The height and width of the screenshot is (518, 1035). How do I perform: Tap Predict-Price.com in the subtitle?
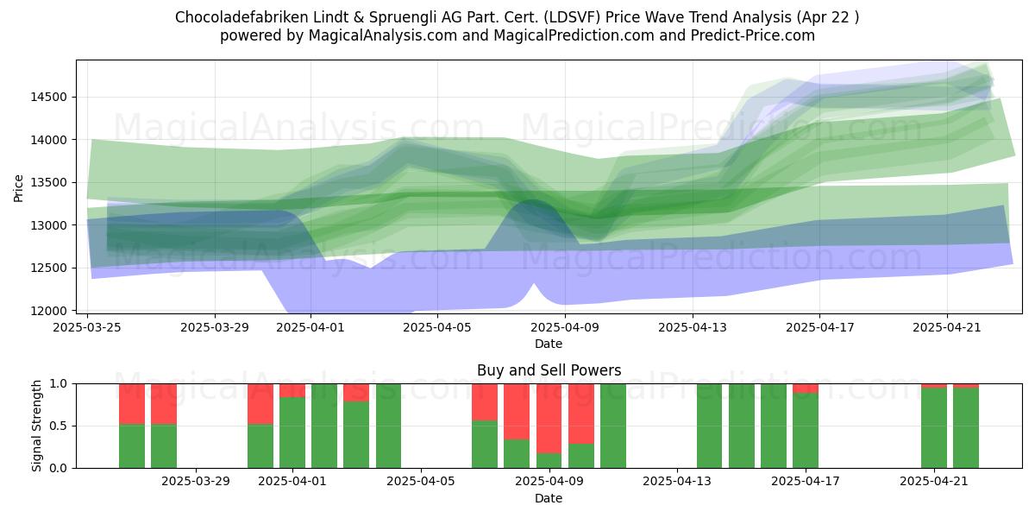pyautogui.click(x=753, y=35)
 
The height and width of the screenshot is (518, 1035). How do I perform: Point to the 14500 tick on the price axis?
pyautogui.click(x=49, y=97)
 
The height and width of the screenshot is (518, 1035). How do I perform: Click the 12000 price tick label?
pyautogui.click(x=49, y=311)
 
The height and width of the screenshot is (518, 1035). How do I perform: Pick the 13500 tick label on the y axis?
pyautogui.click(x=49, y=183)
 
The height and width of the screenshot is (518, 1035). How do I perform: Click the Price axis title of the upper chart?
pyautogui.click(x=18, y=189)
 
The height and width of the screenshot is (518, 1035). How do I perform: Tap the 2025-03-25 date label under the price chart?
pyautogui.click(x=87, y=328)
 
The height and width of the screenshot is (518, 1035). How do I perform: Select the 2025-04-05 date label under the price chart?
pyautogui.click(x=437, y=328)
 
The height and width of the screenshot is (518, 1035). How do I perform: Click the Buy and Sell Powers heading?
pyautogui.click(x=549, y=370)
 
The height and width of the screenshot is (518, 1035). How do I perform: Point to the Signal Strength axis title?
pyautogui.click(x=36, y=426)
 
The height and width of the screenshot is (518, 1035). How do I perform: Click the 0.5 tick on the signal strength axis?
pyautogui.click(x=59, y=426)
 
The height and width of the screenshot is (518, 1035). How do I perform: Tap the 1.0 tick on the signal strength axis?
pyautogui.click(x=59, y=384)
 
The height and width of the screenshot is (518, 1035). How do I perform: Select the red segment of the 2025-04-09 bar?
pyautogui.click(x=549, y=419)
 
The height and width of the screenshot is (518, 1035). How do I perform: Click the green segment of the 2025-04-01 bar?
pyautogui.click(x=292, y=433)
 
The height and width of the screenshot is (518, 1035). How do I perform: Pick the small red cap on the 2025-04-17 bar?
pyautogui.click(x=806, y=388)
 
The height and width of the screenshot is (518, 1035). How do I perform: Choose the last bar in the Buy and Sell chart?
pyautogui.click(x=966, y=426)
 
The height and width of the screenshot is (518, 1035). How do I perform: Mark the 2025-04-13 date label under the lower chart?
pyautogui.click(x=677, y=482)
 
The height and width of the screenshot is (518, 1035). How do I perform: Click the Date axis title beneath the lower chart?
pyautogui.click(x=549, y=499)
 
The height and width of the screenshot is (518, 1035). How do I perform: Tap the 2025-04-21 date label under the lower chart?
pyautogui.click(x=934, y=482)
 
